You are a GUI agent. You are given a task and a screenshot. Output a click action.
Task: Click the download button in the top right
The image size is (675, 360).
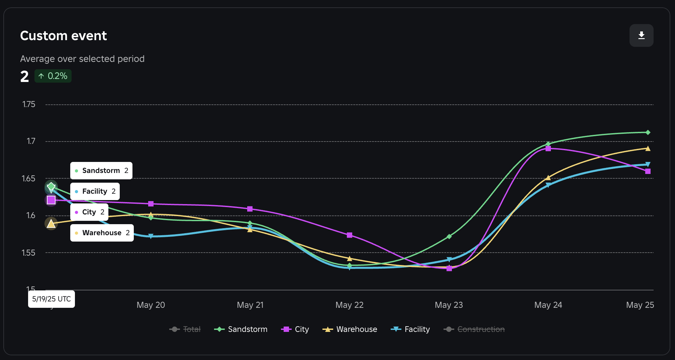(x=641, y=35)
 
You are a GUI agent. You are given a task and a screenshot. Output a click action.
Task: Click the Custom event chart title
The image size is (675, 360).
(x=63, y=36)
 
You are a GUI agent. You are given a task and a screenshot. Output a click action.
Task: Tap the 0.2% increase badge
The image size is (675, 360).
(x=53, y=76)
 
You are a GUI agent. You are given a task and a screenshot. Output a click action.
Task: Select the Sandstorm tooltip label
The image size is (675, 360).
(x=101, y=171)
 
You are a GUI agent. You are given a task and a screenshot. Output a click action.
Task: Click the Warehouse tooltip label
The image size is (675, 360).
(x=102, y=233)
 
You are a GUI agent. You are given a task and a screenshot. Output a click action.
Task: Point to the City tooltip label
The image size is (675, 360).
(x=89, y=212)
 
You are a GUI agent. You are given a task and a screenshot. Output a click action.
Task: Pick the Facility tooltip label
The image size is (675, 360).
(x=95, y=191)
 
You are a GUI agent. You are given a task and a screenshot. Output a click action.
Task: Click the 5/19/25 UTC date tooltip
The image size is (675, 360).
(x=52, y=299)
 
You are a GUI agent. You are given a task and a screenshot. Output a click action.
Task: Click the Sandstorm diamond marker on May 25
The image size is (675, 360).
(x=648, y=132)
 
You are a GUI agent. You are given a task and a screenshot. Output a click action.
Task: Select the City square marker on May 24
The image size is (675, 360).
(x=548, y=149)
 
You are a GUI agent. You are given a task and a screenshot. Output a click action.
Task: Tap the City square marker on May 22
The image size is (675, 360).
(x=350, y=235)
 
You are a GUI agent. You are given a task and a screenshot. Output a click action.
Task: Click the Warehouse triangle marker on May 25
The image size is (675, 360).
(x=648, y=149)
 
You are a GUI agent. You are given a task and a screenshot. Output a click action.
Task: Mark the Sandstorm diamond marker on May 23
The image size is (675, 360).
(x=449, y=237)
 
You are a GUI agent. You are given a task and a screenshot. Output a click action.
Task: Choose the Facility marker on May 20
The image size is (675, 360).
(x=151, y=236)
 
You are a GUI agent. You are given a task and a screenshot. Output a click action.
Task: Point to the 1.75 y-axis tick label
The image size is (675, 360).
(x=29, y=104)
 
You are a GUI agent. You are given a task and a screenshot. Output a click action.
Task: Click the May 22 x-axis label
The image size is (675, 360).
(x=349, y=305)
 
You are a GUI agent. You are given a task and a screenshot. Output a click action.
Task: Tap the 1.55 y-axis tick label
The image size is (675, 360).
(x=29, y=253)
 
